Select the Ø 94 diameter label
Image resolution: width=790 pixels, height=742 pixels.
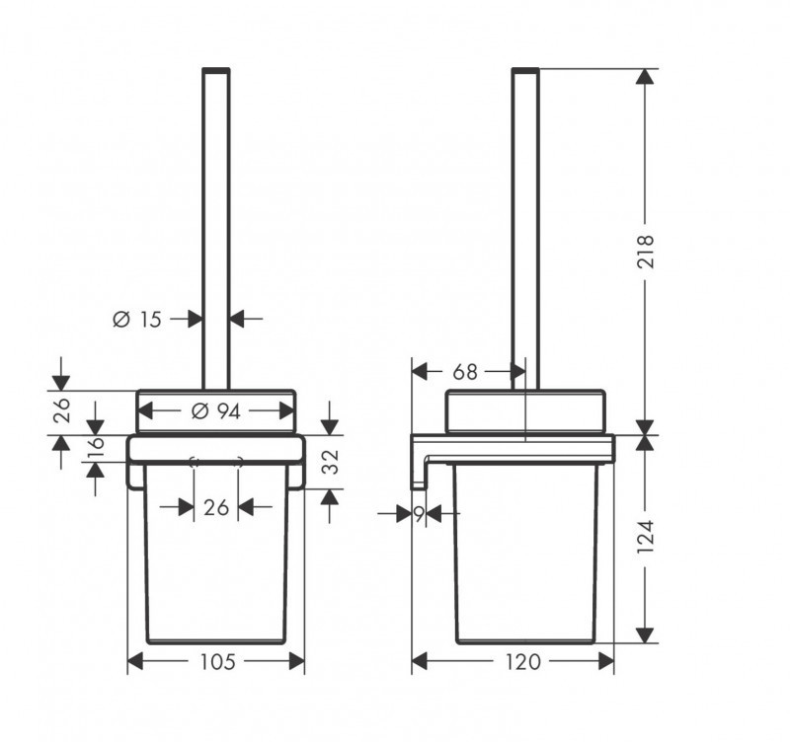pyautogui.click(x=215, y=411)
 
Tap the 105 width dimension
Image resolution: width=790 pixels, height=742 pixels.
pyautogui.click(x=216, y=662)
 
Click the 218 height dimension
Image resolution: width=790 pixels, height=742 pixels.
pyautogui.click(x=646, y=253)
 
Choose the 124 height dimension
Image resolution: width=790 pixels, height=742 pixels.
pyautogui.click(x=646, y=539)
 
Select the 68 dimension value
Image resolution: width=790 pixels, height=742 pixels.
pyautogui.click(x=464, y=372)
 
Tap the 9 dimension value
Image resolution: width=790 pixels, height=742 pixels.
pyautogui.click(x=419, y=513)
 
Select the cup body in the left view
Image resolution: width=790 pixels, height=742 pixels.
pyautogui.click(x=216, y=572)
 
